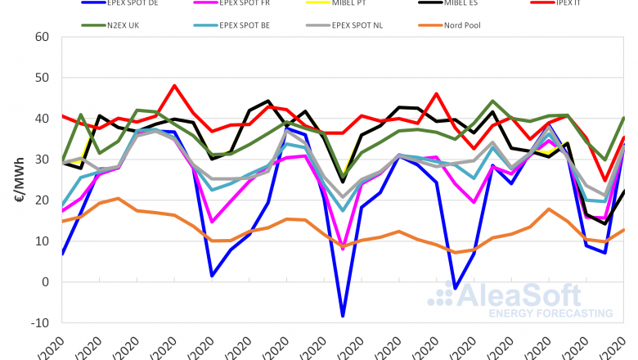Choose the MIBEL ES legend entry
[x=458, y=4]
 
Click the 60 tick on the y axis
[x=43, y=37]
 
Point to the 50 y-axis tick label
[x=43, y=78]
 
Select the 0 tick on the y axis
[x=46, y=282]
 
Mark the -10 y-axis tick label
[x=41, y=323]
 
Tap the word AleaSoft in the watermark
[x=531, y=295]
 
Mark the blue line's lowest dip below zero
[x=343, y=316]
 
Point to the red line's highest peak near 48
[x=174, y=86]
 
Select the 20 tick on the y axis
[x=43, y=200]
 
